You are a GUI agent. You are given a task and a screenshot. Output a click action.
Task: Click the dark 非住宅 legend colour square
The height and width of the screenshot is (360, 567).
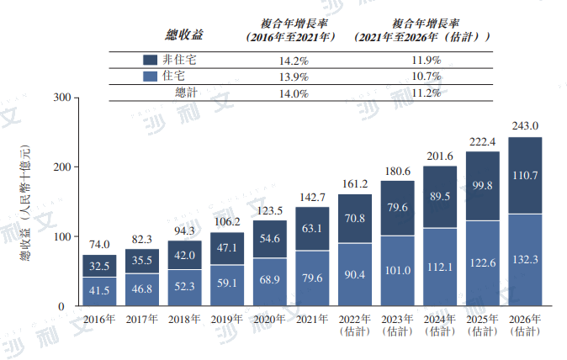pos(151,61)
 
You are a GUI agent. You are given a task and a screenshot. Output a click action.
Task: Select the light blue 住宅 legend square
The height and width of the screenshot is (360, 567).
pos(151,77)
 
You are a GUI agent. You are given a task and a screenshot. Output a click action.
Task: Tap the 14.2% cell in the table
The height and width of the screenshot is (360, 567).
pos(293,61)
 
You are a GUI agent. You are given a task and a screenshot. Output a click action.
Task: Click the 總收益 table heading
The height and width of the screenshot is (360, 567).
pos(185,35)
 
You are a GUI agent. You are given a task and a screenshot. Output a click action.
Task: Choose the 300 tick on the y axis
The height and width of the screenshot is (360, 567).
pos(59,98)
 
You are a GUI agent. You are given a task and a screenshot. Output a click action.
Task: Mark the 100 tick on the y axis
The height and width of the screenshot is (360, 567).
pos(59,237)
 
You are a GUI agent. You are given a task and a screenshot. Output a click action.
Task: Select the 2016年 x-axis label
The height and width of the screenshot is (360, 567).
pos(98,320)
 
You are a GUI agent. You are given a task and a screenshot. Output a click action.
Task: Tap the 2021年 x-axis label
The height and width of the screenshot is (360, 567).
pos(312,320)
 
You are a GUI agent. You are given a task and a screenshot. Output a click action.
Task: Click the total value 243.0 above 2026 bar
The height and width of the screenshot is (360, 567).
pos(525,126)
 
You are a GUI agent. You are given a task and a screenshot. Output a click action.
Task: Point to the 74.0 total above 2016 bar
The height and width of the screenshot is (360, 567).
pos(98,245)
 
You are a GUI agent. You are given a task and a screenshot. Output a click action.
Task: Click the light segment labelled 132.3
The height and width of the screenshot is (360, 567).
pos(525,260)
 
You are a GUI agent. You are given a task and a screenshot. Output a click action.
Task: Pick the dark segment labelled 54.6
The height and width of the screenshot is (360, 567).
pos(269,239)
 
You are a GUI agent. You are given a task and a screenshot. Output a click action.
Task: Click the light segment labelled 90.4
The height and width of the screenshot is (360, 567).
pos(354,274)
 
